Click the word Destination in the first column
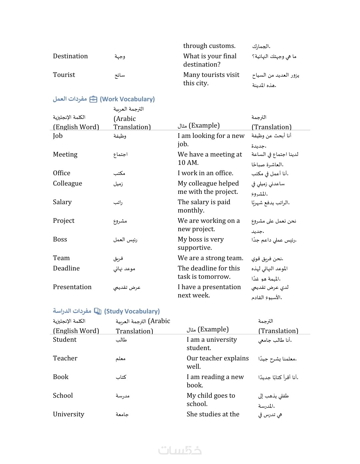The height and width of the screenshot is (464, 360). pos(70,56)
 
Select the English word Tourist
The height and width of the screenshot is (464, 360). pos(64,75)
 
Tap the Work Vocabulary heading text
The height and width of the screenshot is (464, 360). pos(127,99)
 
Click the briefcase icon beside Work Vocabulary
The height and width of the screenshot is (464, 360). pos(93,99)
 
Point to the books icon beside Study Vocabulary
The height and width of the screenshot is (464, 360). pos(98,311)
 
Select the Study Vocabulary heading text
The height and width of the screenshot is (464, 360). pos(132,311)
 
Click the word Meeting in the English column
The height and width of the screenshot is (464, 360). pos(65,155)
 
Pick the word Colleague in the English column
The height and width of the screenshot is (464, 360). pos(67,184)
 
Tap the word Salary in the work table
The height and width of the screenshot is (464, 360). pos(62,202)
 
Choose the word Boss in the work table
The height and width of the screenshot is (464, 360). pos(60,239)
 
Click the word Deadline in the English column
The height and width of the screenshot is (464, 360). pos(66,268)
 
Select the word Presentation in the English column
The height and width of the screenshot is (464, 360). pos(72,287)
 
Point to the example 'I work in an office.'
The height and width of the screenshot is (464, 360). pos(205,173)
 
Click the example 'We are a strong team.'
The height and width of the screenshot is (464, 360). pos(210,258)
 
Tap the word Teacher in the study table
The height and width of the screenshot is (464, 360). pos(65,358)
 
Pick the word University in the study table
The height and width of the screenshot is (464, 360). pos(69,414)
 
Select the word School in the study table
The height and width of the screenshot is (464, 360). pos(63,396)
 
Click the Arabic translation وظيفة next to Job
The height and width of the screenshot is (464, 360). pos(120,136)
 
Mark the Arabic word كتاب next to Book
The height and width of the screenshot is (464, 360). pos(121,377)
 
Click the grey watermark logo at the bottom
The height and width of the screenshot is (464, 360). pos(180,450)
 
